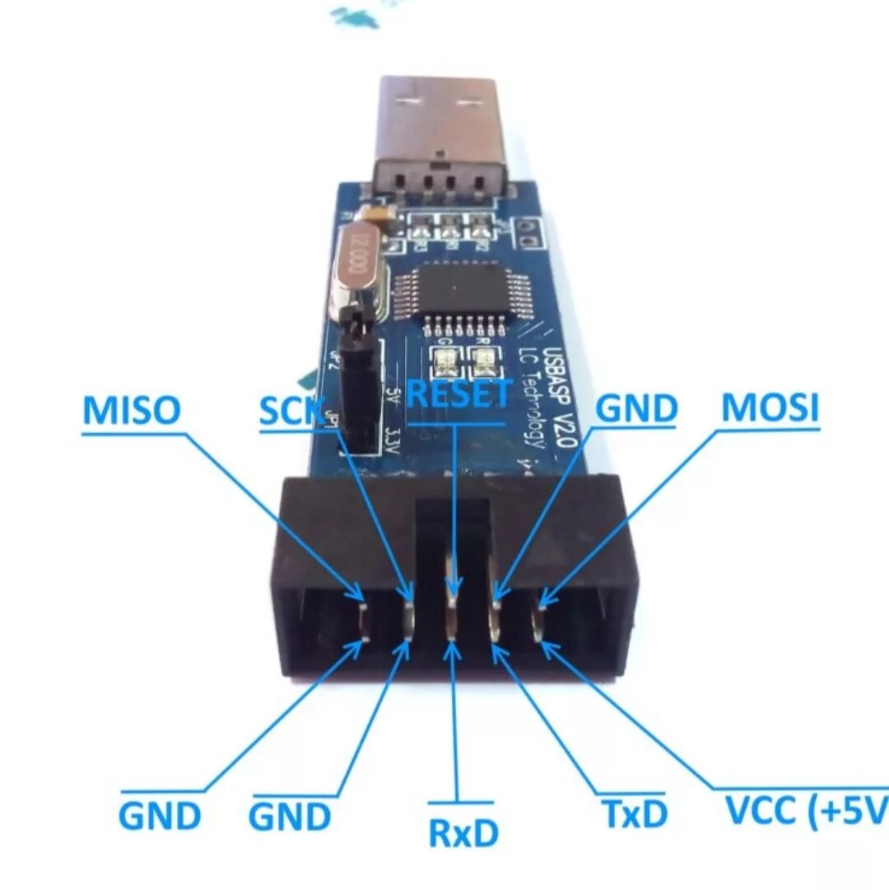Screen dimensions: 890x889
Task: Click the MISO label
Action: point(131,410)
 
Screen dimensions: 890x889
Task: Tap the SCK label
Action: point(290,410)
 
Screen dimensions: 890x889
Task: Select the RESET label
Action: point(459,394)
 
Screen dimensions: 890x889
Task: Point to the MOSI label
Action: point(770,408)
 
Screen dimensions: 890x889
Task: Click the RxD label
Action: point(463,833)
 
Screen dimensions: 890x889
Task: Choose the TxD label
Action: point(634,814)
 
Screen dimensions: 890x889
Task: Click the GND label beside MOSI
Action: point(636,408)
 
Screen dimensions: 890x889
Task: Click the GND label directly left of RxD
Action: point(290,817)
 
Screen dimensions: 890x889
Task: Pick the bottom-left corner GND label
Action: point(160,816)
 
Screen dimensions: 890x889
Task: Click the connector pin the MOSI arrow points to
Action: point(541,619)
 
